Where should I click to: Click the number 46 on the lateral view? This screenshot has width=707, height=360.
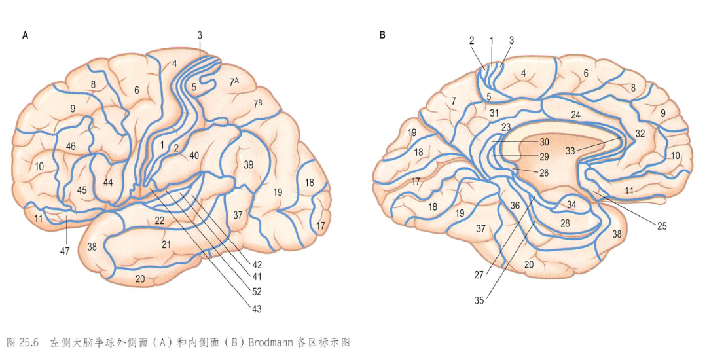[71, 146]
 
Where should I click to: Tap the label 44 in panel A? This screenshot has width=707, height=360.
[109, 182]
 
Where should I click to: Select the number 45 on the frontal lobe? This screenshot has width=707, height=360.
[82, 190]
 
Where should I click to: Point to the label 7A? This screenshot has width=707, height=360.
[234, 81]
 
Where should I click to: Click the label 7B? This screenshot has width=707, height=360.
[257, 103]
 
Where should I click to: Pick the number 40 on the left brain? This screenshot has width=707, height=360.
[194, 155]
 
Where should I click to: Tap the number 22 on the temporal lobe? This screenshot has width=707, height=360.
[159, 221]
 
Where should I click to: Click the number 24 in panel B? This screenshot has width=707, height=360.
[575, 115]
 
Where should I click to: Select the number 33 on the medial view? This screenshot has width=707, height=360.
[570, 151]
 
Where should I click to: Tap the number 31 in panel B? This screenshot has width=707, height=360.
[494, 113]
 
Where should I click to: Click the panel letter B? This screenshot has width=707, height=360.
[382, 35]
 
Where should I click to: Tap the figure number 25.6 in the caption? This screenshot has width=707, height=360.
[29, 342]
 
